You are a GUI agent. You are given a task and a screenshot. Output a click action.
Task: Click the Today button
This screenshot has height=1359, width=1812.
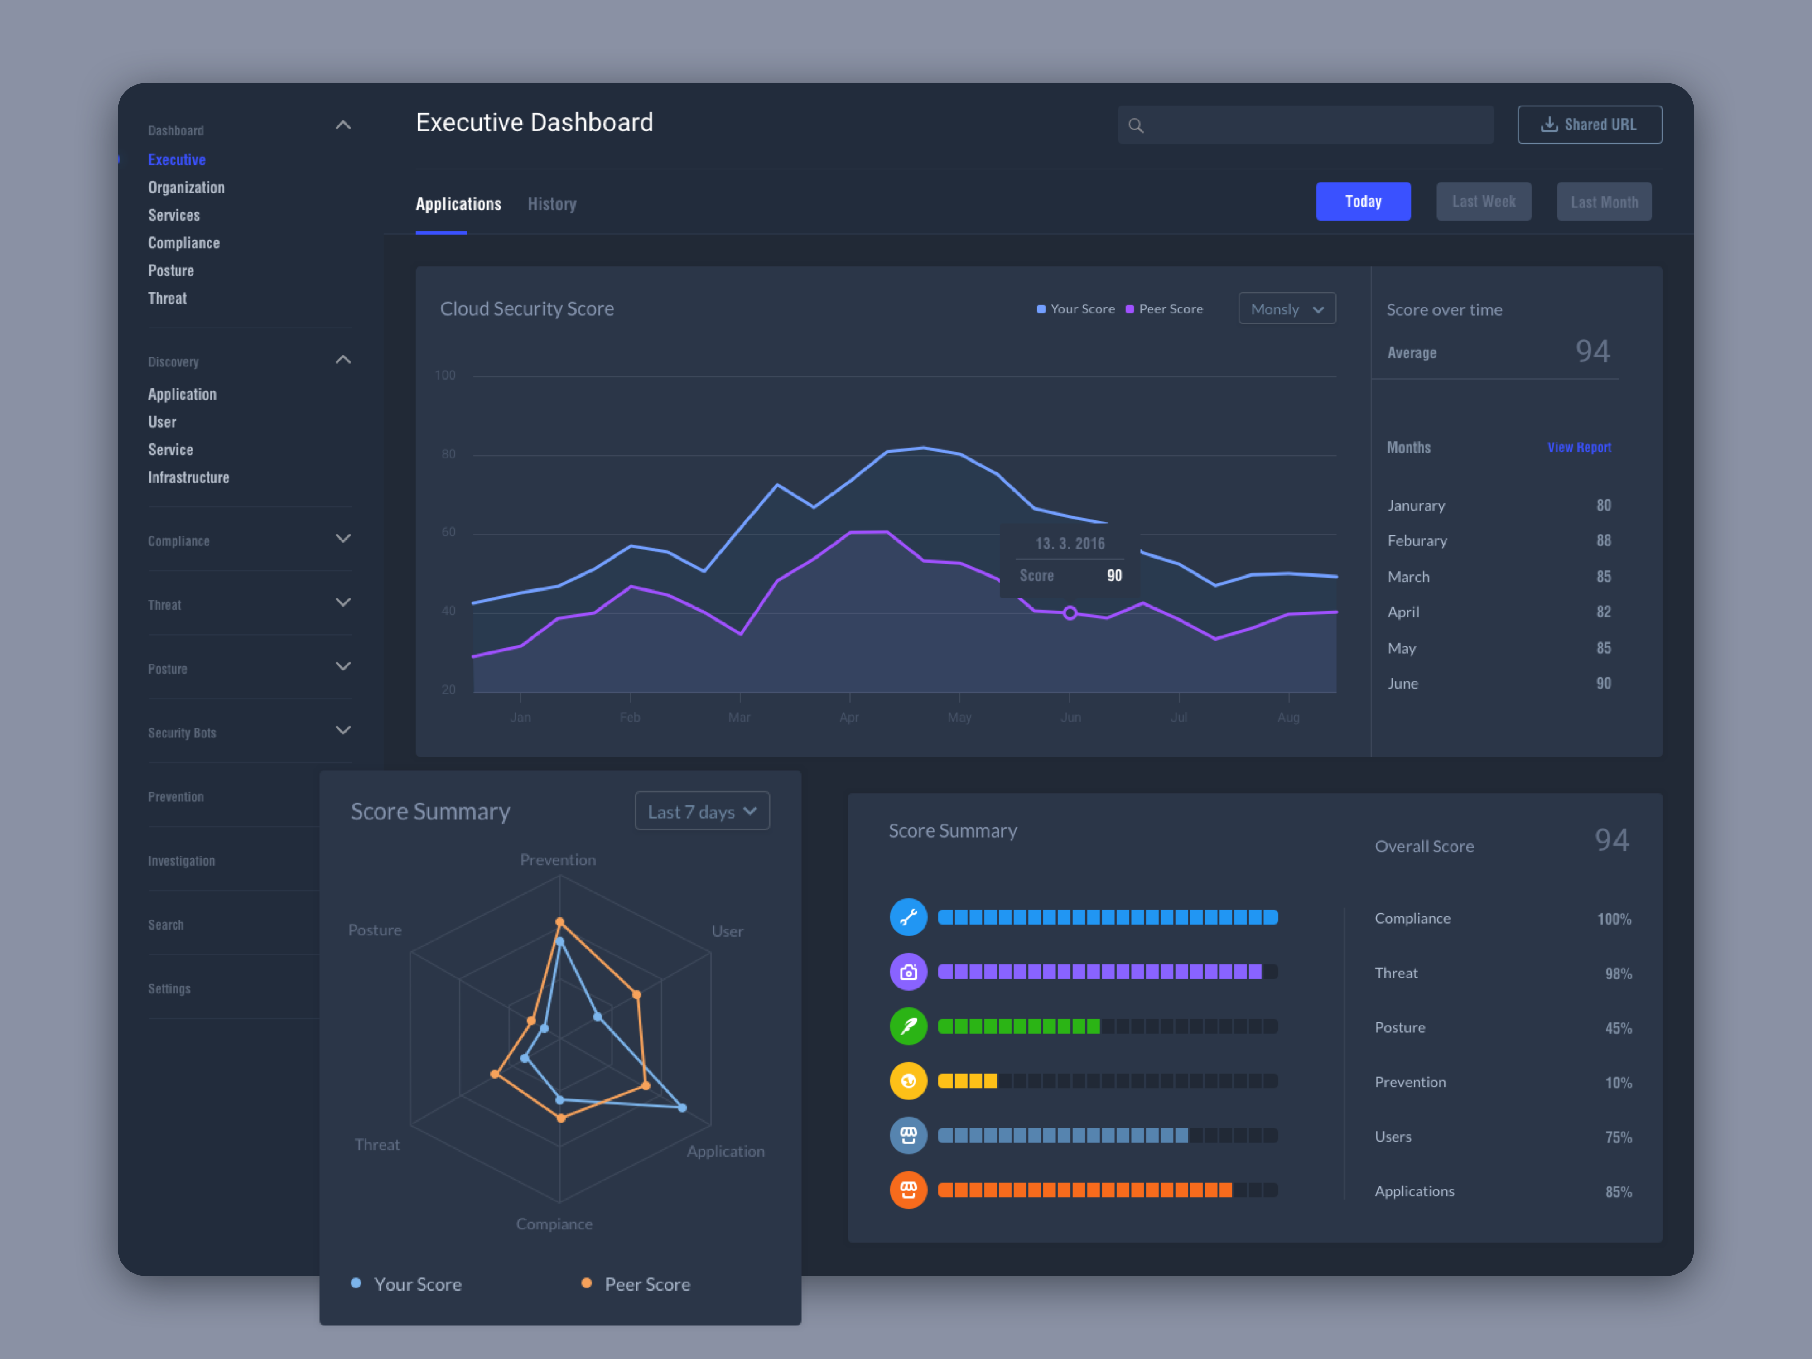pos(1362,202)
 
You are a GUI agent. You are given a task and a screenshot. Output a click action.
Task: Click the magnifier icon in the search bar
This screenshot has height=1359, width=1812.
pos(1135,125)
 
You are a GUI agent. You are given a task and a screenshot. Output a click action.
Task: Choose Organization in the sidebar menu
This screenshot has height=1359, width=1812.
pos(186,188)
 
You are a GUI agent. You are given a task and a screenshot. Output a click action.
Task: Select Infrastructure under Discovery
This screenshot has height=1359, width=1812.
pos(188,477)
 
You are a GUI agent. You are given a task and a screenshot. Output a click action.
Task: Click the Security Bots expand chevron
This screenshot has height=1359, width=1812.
pos(343,730)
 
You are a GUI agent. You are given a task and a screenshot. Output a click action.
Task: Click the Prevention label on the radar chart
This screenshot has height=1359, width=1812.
pos(558,859)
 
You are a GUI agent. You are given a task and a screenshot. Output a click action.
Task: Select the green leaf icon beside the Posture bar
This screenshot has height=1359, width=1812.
pos(908,1026)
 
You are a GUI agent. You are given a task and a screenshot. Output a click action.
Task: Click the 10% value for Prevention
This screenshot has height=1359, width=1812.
pos(1617,1083)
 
